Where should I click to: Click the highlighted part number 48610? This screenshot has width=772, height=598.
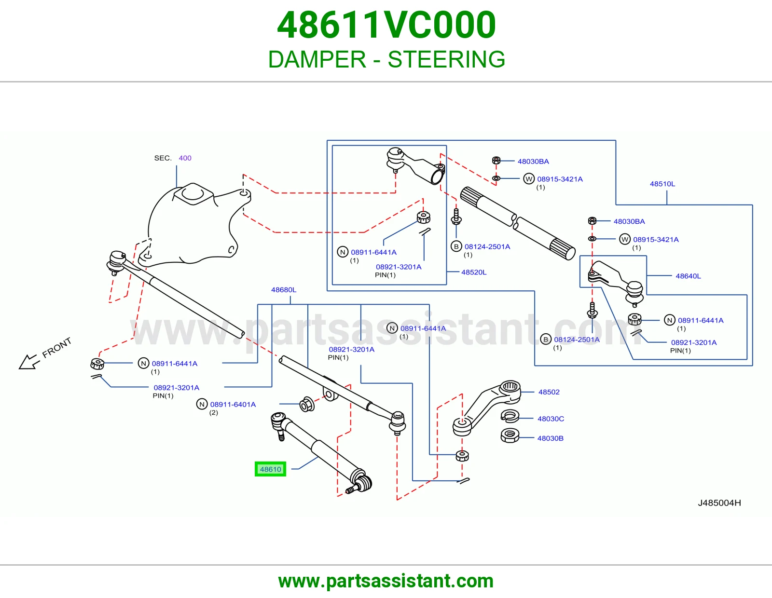click(270, 469)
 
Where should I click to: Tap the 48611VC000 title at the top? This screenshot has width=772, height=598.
click(386, 25)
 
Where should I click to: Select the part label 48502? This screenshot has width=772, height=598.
click(549, 392)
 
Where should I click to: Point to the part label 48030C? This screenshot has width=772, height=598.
click(551, 419)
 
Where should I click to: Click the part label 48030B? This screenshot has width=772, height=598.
click(551, 438)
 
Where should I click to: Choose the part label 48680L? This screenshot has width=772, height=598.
click(284, 290)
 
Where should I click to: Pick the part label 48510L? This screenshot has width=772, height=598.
click(662, 184)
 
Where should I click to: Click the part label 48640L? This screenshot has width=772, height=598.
click(688, 276)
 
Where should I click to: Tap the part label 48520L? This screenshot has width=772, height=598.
click(474, 272)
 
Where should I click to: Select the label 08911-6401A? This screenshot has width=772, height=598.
click(233, 405)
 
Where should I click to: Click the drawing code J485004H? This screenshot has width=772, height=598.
click(719, 503)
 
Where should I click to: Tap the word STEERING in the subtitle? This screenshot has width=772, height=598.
click(446, 59)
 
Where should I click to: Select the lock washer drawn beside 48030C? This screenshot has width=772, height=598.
click(510, 416)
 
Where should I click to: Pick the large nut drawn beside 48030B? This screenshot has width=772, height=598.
click(510, 435)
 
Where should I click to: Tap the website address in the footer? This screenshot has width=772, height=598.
click(386, 581)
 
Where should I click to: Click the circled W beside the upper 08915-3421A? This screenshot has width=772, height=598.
click(529, 179)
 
